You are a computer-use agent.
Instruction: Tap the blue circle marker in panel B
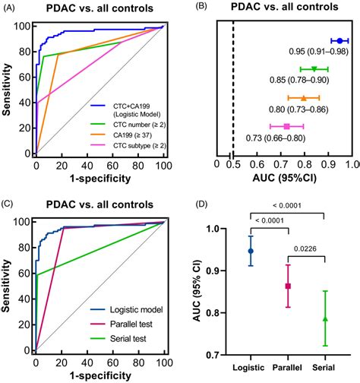(339, 40)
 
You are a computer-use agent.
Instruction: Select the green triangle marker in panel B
(314, 69)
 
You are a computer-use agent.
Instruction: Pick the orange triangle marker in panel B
(303, 97)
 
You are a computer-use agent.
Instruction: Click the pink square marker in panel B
(286, 125)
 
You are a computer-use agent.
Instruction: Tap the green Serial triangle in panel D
(325, 318)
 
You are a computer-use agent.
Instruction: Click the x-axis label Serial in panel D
(325, 367)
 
